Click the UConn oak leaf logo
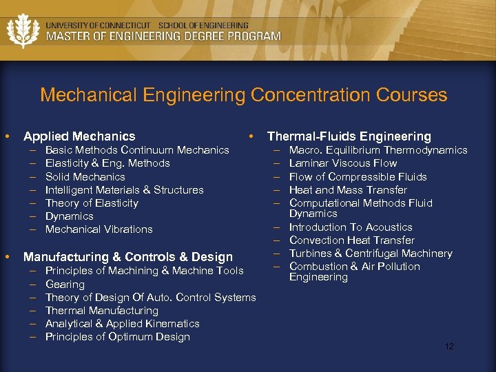pyautogui.click(x=23, y=30)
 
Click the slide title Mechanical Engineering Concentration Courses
pyautogui.click(x=243, y=94)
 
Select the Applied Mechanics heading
pyautogui.click(x=79, y=136)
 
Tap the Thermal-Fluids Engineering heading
pyautogui.click(x=349, y=136)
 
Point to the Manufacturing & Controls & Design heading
pyautogui.click(x=128, y=257)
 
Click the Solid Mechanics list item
pyautogui.click(x=85, y=176)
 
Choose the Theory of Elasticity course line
pyautogui.click(x=92, y=203)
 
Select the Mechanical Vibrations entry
pyautogui.click(x=99, y=229)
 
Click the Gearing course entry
pyautogui.click(x=65, y=284)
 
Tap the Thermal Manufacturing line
pyautogui.click(x=101, y=311)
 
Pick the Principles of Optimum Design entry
pyautogui.click(x=117, y=337)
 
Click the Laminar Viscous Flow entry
pyautogui.click(x=342, y=163)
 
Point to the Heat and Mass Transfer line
pyautogui.click(x=348, y=190)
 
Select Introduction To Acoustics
pyautogui.click(x=351, y=227)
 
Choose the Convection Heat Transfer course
pyautogui.click(x=351, y=240)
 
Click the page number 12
pyautogui.click(x=449, y=347)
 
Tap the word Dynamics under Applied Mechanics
pyautogui.click(x=69, y=216)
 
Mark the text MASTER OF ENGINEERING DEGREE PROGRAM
pyautogui.click(x=163, y=37)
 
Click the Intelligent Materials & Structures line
pyautogui.click(x=124, y=190)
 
